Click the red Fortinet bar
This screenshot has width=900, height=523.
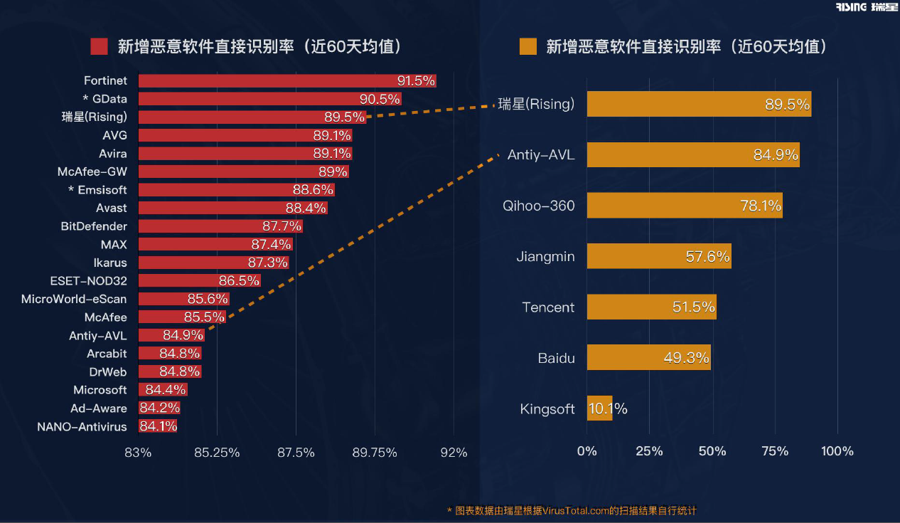(284, 81)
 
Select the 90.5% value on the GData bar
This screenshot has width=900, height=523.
(380, 100)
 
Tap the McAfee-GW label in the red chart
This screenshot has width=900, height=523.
(92, 172)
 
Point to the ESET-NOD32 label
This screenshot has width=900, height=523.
(89, 281)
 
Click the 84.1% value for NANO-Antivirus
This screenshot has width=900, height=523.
(158, 427)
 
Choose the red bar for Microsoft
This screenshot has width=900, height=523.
(163, 390)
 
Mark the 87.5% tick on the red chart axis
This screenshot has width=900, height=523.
(296, 453)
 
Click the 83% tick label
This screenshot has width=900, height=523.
(138, 453)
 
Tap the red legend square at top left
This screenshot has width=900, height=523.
(99, 47)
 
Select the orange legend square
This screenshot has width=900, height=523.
(528, 47)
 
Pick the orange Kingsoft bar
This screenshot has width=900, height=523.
(599, 408)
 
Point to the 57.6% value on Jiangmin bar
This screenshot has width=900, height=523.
(707, 257)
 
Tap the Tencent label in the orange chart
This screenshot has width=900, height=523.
(548, 307)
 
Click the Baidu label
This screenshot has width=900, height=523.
(556, 358)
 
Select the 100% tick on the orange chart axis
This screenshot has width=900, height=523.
(837, 451)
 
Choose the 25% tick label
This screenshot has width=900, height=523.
(649, 451)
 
